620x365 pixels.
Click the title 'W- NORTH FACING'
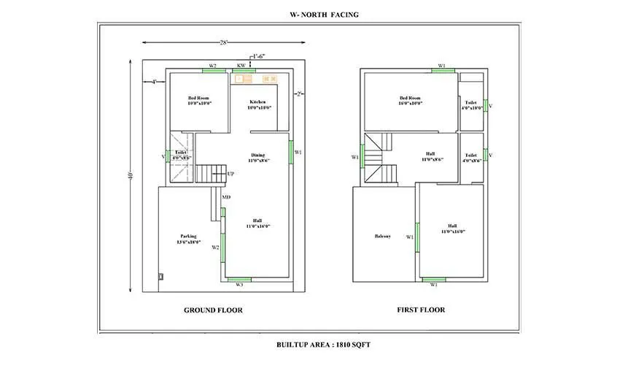pos(323,14)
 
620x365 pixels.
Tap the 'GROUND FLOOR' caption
pos(213,310)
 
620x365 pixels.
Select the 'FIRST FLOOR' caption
pos(421,310)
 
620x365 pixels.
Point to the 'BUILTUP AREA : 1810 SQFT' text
pos(323,343)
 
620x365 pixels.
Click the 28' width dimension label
pos(222,42)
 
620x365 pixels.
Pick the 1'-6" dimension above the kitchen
pos(258,56)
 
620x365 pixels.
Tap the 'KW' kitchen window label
pos(241,66)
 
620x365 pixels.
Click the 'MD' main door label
pos(227,196)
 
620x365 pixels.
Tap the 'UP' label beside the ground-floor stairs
pos(230,174)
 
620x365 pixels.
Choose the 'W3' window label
pos(239,285)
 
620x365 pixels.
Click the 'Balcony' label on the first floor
pos(382,236)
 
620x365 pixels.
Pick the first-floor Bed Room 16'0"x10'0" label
pos(410,101)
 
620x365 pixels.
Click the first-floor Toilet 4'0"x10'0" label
pos(472,106)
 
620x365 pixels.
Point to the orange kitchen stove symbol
pos(269,78)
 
